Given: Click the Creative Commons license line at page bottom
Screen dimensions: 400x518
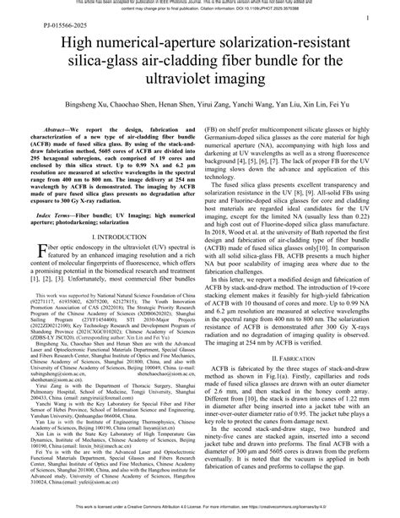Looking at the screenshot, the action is point(200,512).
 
